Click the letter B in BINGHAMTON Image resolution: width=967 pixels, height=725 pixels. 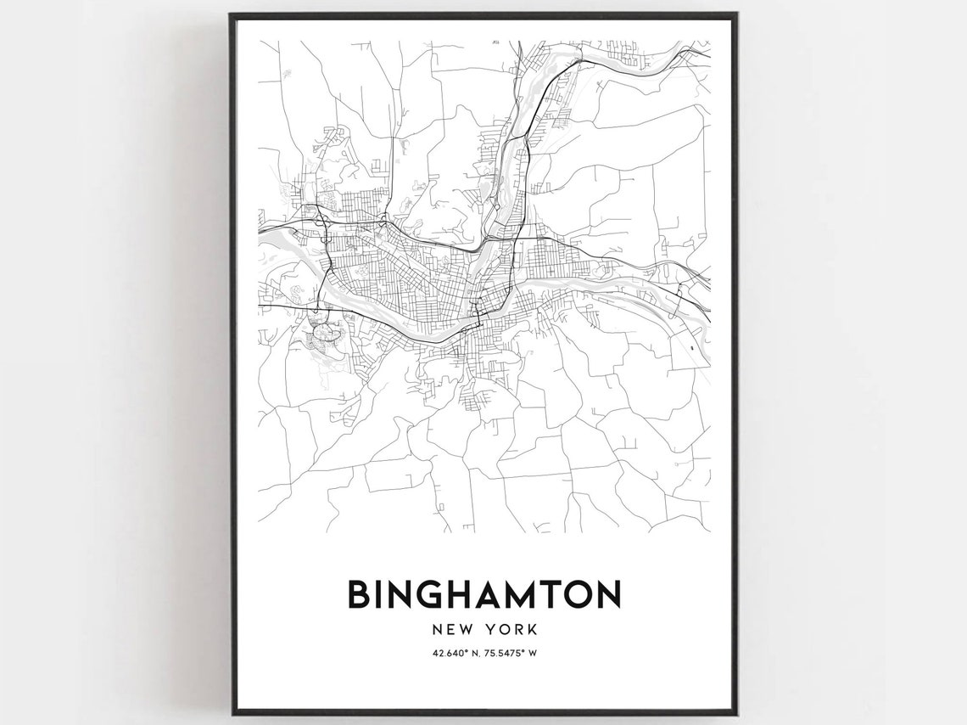[360, 594]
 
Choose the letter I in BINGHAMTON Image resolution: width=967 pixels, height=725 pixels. [381, 594]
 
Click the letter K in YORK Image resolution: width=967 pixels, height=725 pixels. [531, 630]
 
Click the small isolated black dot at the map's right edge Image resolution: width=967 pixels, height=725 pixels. [692, 347]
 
